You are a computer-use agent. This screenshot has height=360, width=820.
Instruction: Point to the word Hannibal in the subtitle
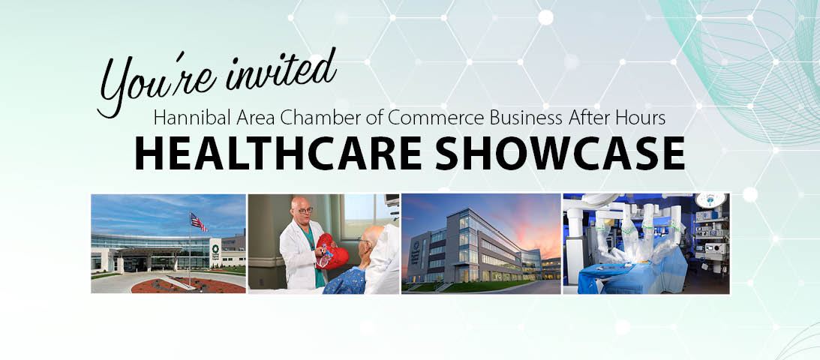tap(193, 118)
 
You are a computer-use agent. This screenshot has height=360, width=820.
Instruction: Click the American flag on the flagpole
tap(198, 222)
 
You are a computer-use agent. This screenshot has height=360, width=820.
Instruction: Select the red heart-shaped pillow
tap(332, 252)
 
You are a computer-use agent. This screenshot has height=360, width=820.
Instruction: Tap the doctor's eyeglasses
tap(305, 210)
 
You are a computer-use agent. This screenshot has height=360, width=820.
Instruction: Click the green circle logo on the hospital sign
tap(215, 249)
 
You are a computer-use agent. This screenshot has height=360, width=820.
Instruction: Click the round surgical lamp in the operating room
tap(710, 199)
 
